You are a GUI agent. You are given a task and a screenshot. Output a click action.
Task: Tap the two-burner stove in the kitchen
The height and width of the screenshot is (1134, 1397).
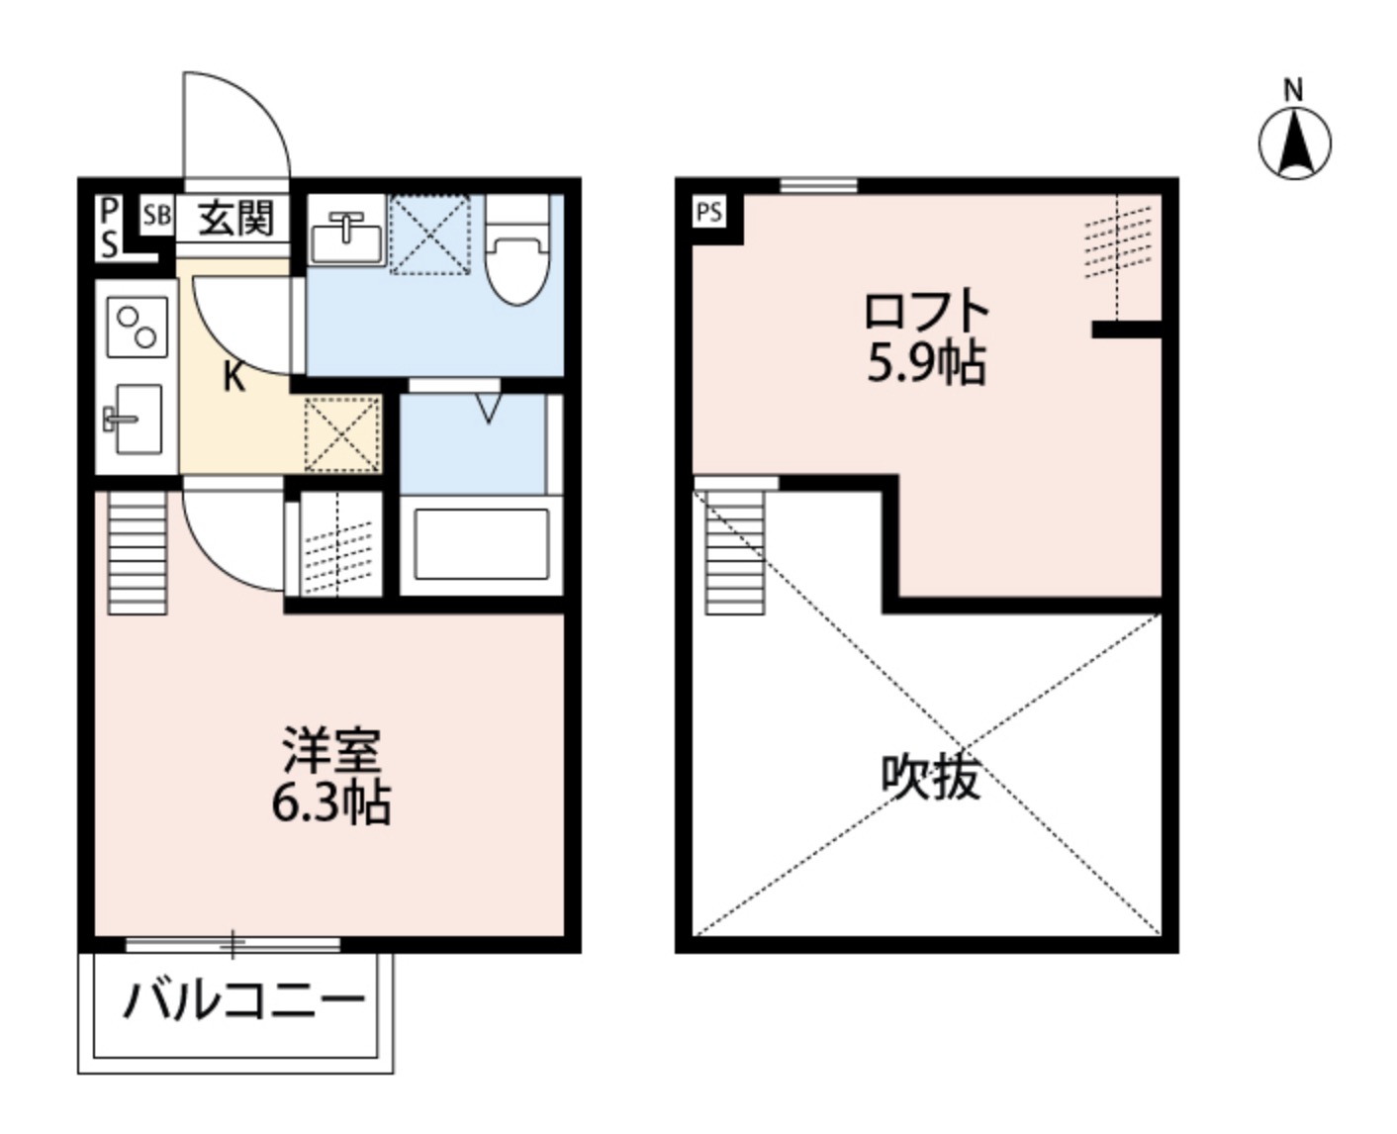tap(138, 328)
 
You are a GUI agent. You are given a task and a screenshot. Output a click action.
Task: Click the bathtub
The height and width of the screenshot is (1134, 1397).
tap(481, 543)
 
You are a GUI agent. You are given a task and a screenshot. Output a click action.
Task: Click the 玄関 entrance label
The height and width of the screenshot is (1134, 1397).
tap(235, 218)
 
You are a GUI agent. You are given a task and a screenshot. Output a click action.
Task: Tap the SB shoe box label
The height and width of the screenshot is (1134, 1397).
tap(156, 216)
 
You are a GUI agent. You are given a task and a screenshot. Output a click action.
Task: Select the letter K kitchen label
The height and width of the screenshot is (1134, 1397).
tap(233, 377)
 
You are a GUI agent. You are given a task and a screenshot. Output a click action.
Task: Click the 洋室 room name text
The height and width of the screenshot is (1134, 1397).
tap(331, 750)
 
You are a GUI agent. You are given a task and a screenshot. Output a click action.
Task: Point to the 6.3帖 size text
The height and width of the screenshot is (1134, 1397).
tap(331, 803)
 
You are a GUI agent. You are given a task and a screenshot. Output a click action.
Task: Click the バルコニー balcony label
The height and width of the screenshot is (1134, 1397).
tap(243, 1001)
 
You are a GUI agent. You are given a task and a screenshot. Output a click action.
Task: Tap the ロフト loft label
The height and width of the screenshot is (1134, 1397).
tap(926, 312)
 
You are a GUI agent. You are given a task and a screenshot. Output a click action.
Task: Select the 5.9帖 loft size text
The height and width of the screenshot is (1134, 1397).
tap(926, 365)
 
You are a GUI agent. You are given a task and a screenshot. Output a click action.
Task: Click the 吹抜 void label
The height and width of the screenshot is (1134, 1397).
tap(930, 777)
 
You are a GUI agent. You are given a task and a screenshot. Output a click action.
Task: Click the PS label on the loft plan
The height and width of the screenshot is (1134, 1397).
tap(708, 213)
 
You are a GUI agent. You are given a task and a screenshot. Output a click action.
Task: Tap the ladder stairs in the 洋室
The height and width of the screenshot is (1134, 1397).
tap(137, 552)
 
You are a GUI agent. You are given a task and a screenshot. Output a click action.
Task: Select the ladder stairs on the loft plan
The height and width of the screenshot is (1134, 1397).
tap(735, 551)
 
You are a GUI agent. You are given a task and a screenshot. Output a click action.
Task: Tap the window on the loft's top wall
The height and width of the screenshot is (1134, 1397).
tap(817, 185)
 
